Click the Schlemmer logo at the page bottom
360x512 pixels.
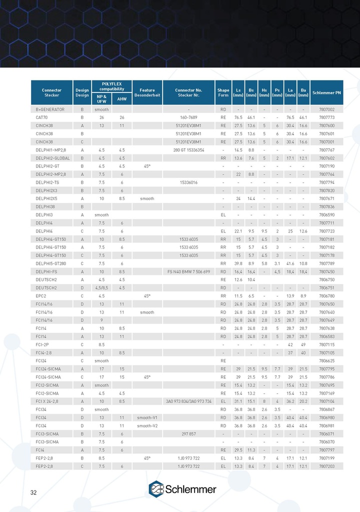(x=182, y=489)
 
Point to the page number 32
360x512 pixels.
(x=33, y=492)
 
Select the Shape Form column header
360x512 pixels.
(x=223, y=92)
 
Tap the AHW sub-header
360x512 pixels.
(x=121, y=99)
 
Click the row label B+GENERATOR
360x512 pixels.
(x=50, y=109)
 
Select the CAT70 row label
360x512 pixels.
(x=42, y=117)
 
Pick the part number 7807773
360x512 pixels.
(x=326, y=117)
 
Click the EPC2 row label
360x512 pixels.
(x=41, y=295)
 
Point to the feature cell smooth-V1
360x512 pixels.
(x=147, y=417)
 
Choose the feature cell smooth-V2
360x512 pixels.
(x=147, y=425)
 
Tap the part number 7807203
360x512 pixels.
(x=326, y=466)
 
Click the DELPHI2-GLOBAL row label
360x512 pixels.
(x=54, y=157)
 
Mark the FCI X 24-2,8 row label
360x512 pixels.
(x=47, y=401)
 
